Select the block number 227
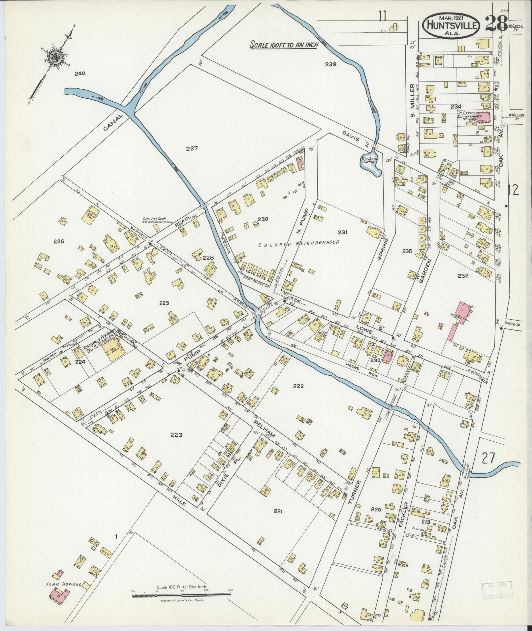tap(191, 148)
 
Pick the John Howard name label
tap(63, 584)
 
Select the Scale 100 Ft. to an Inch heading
tap(283, 45)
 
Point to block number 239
tap(330, 64)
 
